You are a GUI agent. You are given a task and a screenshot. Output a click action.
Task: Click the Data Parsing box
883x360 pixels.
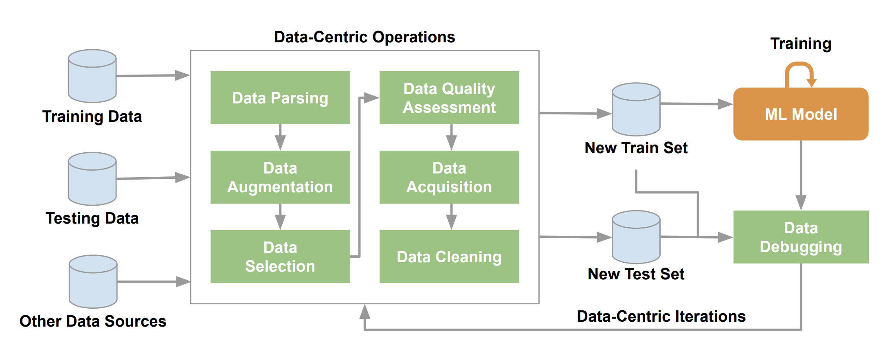click(280, 98)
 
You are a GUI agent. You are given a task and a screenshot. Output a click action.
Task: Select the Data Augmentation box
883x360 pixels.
click(280, 177)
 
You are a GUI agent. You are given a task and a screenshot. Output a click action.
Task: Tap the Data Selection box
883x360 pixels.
click(280, 257)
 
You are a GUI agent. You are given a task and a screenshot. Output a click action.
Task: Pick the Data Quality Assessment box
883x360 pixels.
click(449, 98)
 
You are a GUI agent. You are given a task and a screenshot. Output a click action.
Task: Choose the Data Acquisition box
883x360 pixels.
click(449, 177)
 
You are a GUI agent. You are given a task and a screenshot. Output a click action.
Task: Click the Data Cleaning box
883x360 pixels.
click(449, 257)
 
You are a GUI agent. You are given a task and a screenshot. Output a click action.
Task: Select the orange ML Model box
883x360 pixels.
click(801, 114)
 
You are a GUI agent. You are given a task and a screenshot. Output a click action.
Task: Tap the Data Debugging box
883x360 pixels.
click(801, 237)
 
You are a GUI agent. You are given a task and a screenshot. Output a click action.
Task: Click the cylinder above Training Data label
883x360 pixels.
click(92, 76)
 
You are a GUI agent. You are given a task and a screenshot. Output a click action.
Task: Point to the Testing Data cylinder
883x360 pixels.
click(92, 179)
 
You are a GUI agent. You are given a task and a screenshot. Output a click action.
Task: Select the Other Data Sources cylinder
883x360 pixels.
click(93, 281)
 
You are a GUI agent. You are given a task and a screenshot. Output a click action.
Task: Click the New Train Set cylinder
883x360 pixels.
click(636, 109)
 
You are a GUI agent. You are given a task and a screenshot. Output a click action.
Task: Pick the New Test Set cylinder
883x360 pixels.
click(636, 237)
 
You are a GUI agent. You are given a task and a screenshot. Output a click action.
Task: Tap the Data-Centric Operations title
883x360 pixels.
click(364, 37)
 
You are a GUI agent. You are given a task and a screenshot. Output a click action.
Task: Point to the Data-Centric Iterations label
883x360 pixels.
click(661, 316)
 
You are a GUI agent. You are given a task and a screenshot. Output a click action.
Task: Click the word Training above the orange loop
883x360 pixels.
click(801, 44)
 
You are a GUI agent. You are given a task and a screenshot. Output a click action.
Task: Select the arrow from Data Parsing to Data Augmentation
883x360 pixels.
click(280, 137)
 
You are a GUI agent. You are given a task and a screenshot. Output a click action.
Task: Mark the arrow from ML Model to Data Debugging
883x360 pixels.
click(801, 175)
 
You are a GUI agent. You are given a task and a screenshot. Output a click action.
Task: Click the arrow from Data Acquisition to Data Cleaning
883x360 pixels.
click(451, 217)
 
